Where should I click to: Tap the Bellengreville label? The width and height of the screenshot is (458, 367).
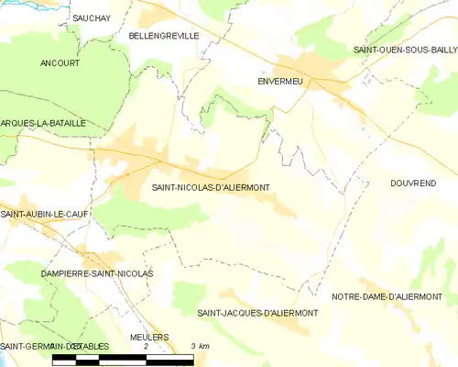click(x=164, y=35)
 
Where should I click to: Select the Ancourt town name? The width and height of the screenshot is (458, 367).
click(x=60, y=63)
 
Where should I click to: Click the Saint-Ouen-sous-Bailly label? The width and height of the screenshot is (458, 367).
click(x=404, y=50)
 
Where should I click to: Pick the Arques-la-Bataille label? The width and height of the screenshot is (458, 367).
click(x=43, y=122)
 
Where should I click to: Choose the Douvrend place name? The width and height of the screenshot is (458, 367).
click(x=412, y=183)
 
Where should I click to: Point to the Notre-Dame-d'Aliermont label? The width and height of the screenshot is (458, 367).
click(x=387, y=296)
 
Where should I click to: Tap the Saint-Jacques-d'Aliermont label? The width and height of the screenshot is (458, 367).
click(x=257, y=313)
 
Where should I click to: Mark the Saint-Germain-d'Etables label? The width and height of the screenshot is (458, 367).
click(x=55, y=346)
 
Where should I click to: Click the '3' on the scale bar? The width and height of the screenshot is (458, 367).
click(x=192, y=346)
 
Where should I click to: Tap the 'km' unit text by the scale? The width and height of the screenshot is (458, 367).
click(x=204, y=346)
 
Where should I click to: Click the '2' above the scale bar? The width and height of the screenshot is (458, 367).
click(x=146, y=346)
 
